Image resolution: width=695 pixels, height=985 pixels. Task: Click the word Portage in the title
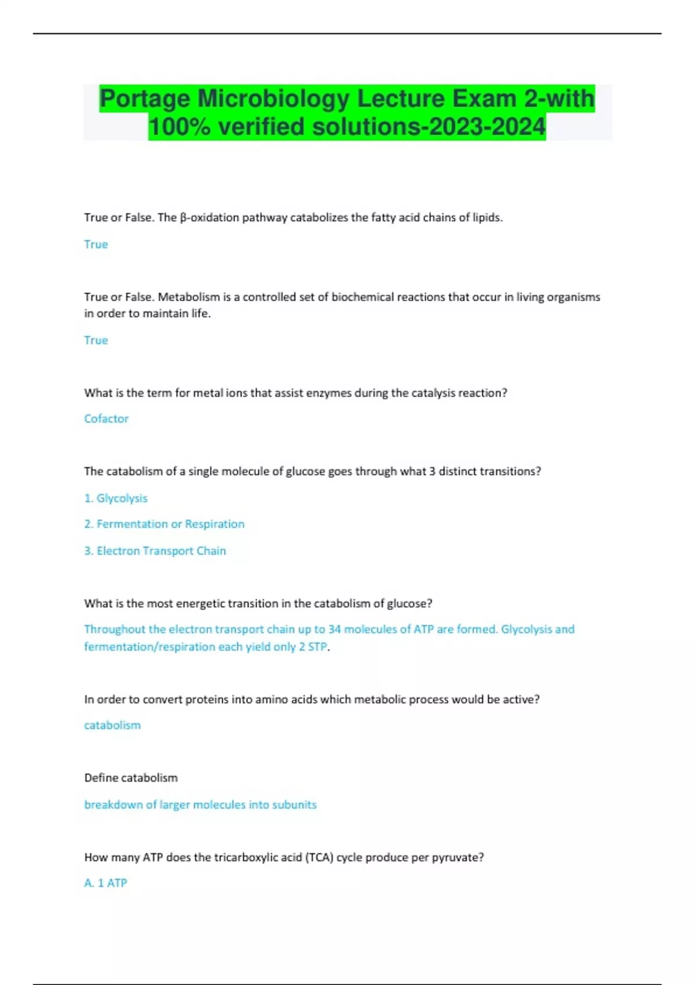pos(145,99)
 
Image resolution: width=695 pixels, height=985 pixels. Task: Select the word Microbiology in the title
pos(273,99)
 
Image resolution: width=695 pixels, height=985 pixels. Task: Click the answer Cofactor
pos(106,418)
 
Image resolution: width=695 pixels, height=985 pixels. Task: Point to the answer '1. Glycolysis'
pos(116,498)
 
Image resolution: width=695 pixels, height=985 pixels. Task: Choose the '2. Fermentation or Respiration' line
pos(164,524)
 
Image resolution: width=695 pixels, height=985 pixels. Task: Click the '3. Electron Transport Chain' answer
pos(155,550)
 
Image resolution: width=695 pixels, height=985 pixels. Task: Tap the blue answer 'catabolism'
pos(112,725)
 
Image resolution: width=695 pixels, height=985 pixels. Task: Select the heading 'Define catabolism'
pos(131,778)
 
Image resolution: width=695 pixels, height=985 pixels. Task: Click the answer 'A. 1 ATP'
pos(105,882)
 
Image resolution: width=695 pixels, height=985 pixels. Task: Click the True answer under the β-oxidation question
pos(96,245)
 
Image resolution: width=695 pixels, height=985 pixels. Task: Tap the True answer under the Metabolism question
pos(96,340)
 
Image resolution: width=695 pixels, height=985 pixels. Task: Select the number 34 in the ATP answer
pos(334,629)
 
